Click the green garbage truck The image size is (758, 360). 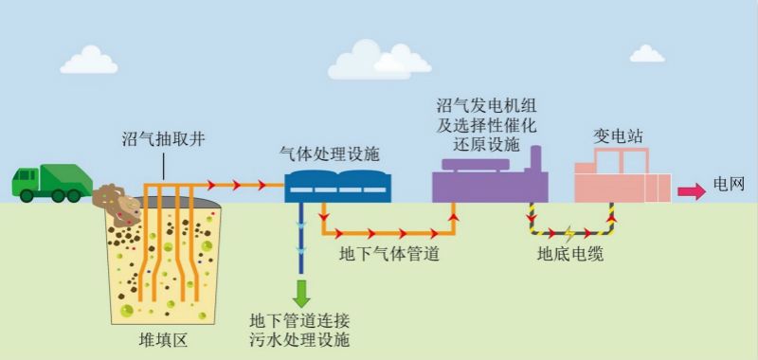click(x=51, y=183)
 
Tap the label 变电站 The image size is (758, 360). click(x=618, y=136)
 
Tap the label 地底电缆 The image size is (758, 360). click(x=569, y=254)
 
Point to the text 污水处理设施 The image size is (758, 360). click(x=299, y=338)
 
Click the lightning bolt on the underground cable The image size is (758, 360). click(x=568, y=231)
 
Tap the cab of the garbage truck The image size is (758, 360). click(x=27, y=181)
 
